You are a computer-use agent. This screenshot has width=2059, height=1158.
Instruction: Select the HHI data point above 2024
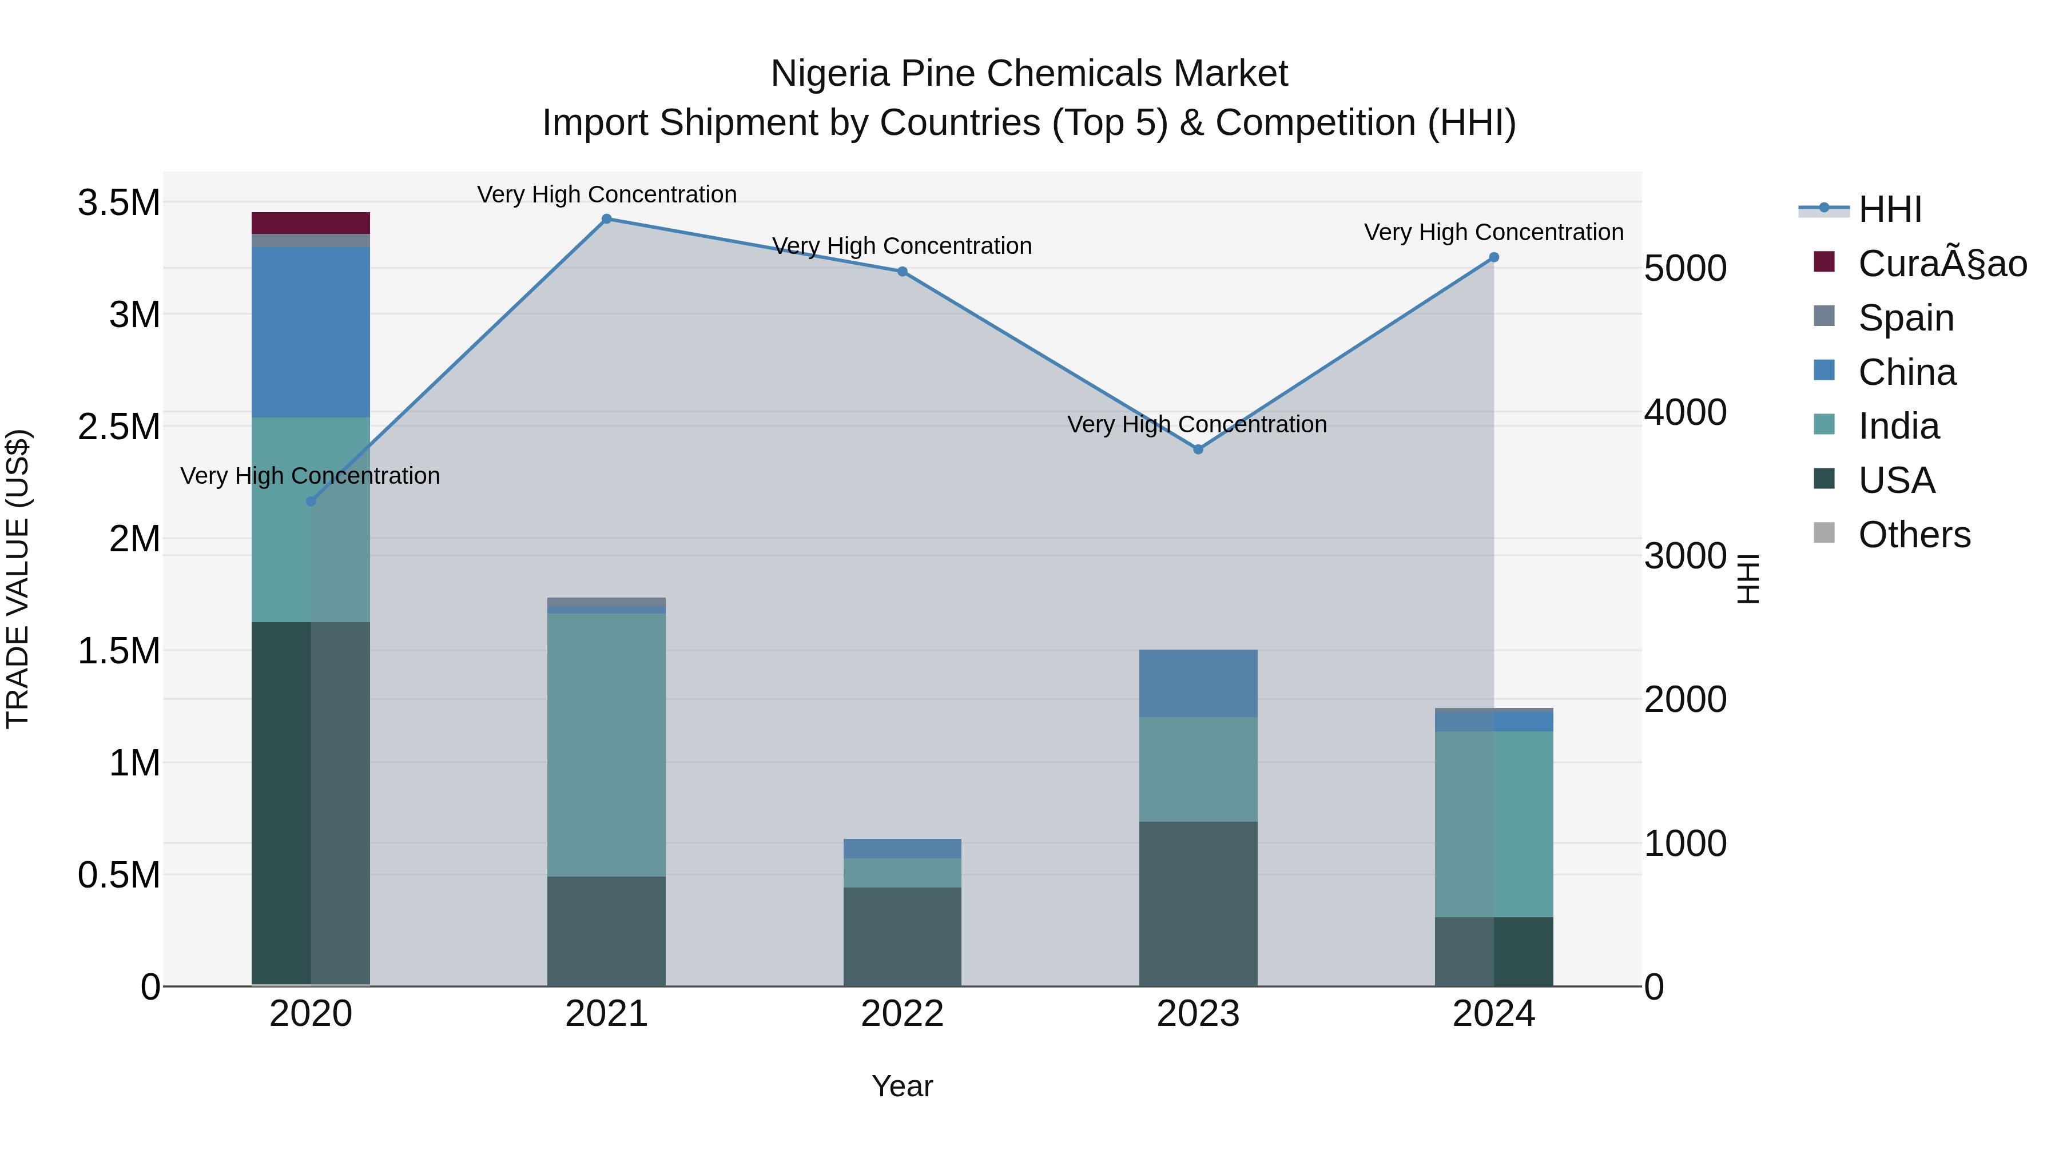[x=1493, y=257]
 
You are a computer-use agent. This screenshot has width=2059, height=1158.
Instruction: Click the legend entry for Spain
[x=1906, y=318]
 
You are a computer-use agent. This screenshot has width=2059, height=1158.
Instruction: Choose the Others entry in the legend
[x=1914, y=535]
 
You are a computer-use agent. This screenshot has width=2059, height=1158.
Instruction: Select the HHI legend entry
[x=1890, y=209]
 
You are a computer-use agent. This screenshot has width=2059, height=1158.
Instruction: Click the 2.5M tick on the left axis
[x=118, y=427]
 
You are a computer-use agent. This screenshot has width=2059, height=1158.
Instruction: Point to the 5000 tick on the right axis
[x=1685, y=269]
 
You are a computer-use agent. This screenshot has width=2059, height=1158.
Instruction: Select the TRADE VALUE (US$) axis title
[x=18, y=579]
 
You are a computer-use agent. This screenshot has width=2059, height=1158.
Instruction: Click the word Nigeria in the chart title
[x=830, y=74]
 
